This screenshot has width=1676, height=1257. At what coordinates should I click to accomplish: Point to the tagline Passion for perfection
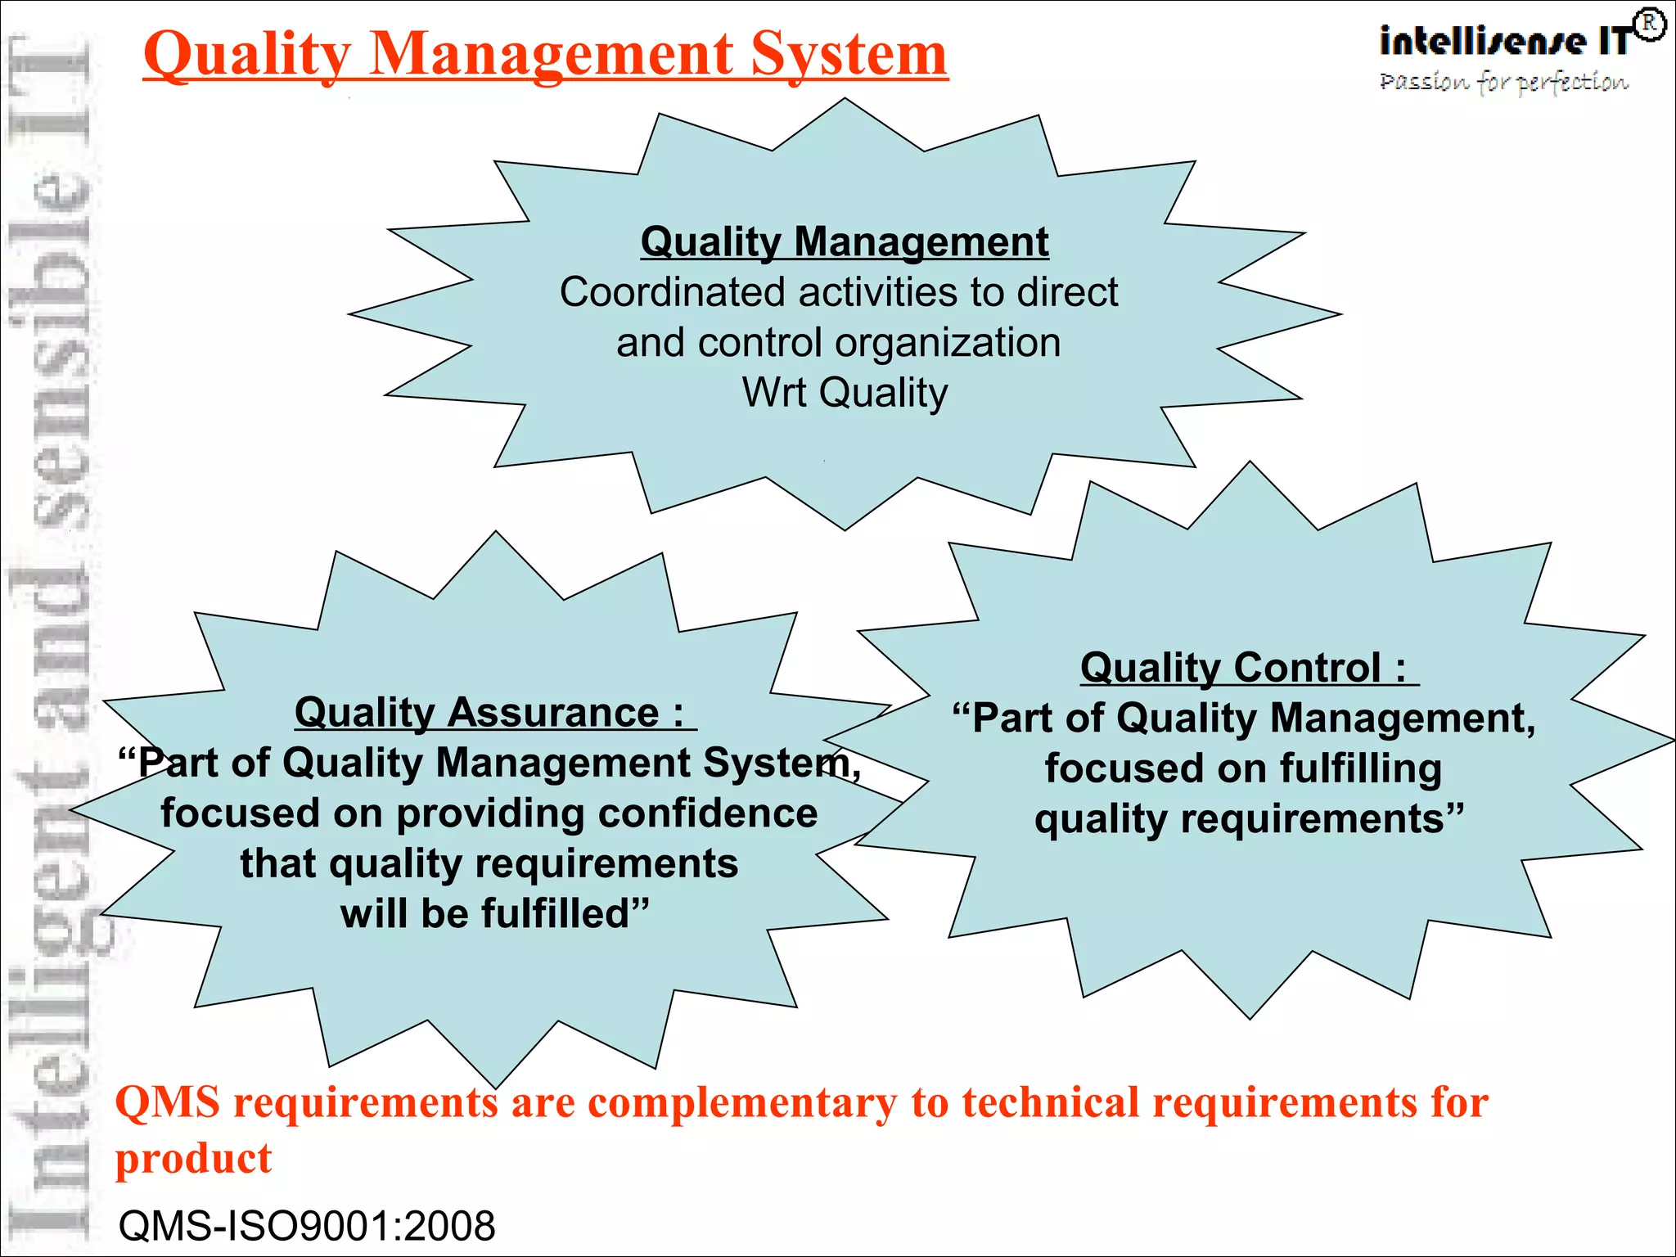(1503, 82)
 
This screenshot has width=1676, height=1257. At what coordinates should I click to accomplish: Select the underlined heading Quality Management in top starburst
(845, 242)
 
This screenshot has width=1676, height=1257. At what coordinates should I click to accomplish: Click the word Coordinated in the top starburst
(673, 292)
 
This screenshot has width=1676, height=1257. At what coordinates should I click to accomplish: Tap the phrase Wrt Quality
(845, 393)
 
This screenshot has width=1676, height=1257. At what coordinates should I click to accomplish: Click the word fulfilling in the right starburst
(1360, 768)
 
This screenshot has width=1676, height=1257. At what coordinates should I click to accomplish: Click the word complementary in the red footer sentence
(742, 1102)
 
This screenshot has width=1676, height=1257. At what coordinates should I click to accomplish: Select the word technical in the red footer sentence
(1050, 1102)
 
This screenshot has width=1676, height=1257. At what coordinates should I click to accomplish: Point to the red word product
(193, 1159)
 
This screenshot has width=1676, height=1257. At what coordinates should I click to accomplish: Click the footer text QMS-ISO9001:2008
(307, 1226)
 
